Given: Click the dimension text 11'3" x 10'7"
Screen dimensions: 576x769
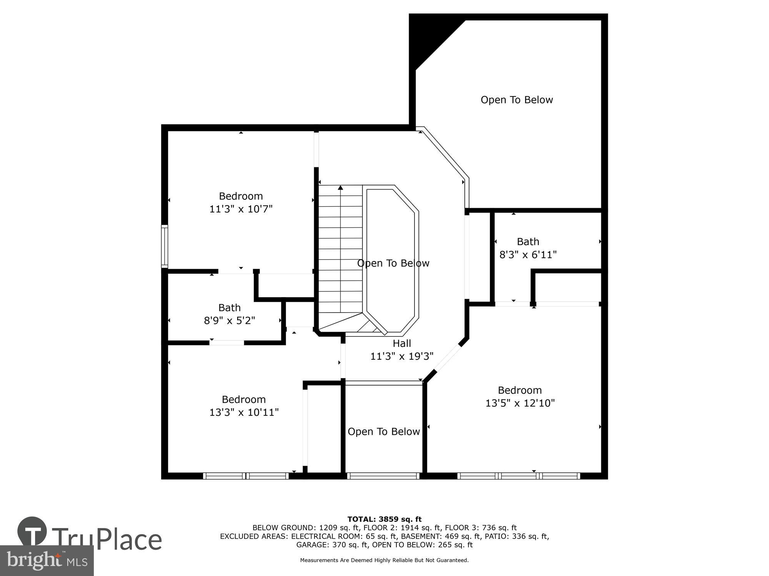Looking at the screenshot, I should point(241,209).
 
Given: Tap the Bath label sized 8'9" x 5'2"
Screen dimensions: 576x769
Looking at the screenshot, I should point(230,308).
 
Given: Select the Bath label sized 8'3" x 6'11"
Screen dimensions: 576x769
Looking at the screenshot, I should point(528,242).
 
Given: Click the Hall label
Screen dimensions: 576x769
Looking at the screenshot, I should point(402,343).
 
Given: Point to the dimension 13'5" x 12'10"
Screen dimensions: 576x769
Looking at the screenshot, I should point(520,403).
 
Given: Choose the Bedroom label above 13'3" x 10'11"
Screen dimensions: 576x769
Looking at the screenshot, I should point(244,399).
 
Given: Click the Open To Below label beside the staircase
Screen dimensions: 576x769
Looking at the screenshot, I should point(393,263).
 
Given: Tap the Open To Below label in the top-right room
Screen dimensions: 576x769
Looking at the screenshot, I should point(516,100).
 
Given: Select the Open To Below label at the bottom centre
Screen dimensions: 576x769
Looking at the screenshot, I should point(383,432).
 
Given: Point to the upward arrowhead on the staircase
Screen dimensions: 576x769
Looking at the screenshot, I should point(340,188).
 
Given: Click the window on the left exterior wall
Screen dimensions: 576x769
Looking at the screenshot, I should point(165,246).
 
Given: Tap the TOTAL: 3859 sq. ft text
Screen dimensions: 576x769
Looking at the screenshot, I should point(384,520).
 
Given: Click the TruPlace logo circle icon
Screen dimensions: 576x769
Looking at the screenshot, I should point(32,532).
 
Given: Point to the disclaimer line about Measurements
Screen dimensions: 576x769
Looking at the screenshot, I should point(384,560).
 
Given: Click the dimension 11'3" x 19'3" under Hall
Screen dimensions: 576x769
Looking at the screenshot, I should point(402,356).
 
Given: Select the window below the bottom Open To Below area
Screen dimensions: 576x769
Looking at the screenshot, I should point(383,476).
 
